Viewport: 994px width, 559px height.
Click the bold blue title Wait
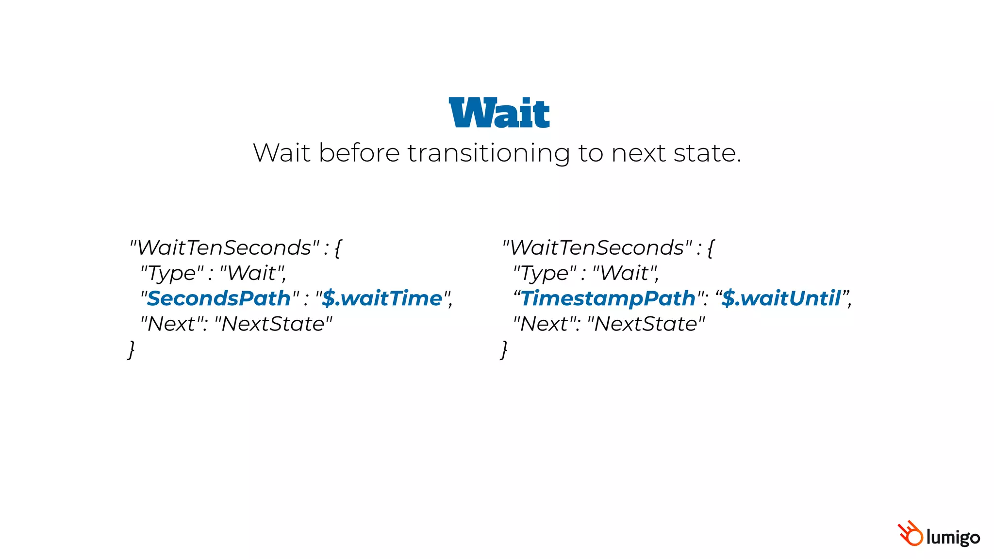coord(499,113)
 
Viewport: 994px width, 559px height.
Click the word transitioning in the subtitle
coord(488,153)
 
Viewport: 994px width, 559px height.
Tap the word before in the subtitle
coord(359,153)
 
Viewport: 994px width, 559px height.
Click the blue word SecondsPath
coord(218,298)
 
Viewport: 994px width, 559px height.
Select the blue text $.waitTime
coord(382,298)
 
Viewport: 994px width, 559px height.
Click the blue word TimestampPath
coord(608,298)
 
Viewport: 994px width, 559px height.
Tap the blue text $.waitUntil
coord(781,298)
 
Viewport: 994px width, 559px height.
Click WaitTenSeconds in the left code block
coord(224,248)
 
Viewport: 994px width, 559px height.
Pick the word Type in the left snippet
coord(171,274)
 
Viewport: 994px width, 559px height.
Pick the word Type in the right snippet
coord(544,274)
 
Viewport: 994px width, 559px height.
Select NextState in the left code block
coord(272,324)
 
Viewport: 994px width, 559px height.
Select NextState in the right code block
coord(645,324)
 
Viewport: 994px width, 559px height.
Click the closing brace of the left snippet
coord(131,349)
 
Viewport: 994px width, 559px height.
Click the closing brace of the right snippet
coord(504,349)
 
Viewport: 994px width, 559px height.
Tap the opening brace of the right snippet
coord(711,248)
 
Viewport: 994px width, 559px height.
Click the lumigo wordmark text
coord(953,538)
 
